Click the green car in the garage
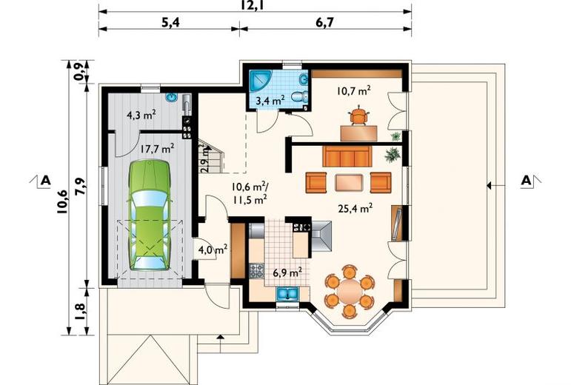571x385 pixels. click(149, 215)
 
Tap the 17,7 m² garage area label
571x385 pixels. click(157, 149)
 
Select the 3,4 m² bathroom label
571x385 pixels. click(270, 100)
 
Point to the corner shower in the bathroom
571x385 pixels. click(258, 80)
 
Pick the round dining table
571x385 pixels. click(350, 290)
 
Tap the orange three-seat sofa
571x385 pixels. click(347, 156)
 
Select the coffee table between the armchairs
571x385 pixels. click(350, 183)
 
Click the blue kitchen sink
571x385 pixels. click(287, 294)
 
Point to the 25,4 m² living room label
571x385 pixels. click(355, 209)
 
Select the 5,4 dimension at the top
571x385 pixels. click(170, 22)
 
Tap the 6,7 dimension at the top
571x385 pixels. click(325, 22)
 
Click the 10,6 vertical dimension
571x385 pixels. click(62, 201)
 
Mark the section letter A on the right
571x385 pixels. click(527, 181)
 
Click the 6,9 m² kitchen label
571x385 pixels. click(287, 272)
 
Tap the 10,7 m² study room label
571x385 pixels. click(353, 90)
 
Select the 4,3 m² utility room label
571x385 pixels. click(141, 115)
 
